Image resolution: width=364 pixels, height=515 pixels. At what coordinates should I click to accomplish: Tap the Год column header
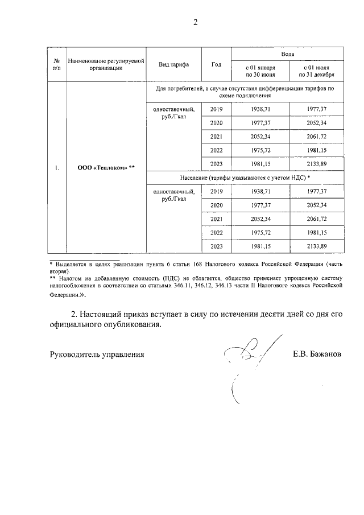216,64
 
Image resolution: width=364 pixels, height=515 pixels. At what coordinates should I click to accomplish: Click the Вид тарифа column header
174,64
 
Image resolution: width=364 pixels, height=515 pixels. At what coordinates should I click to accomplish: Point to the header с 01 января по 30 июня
260,71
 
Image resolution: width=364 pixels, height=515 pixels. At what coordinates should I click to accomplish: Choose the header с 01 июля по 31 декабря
316,71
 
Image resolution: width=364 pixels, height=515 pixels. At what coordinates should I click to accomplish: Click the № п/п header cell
56,64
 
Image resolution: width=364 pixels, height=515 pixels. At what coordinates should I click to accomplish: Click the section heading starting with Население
245,178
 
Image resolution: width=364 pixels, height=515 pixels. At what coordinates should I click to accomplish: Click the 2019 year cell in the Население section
216,192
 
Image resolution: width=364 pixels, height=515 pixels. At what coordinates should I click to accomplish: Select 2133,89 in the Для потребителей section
316,164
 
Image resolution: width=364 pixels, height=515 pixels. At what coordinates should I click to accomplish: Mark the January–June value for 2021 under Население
260,219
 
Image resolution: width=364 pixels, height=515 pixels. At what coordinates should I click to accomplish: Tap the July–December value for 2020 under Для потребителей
316,123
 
